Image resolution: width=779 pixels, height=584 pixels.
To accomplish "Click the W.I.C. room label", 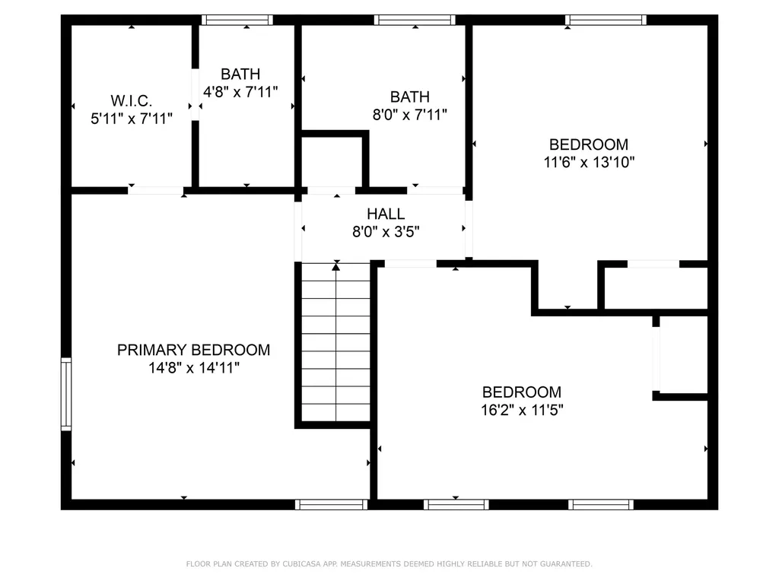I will [132, 100].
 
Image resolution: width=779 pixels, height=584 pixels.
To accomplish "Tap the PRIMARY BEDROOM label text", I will [193, 350].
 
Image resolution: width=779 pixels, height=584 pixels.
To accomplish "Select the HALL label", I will [386, 214].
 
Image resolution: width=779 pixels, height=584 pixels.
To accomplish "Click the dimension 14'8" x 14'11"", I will [193, 368].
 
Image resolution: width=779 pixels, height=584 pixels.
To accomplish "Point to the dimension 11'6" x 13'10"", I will [589, 162].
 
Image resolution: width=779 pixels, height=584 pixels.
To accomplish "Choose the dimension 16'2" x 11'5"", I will [522, 410].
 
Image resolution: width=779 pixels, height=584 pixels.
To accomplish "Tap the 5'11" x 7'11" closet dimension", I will [132, 119].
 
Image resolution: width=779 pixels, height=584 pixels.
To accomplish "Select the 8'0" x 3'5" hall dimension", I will [386, 231].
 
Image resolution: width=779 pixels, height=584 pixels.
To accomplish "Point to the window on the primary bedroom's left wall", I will [66, 395].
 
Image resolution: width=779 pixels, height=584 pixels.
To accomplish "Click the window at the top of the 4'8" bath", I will [237, 21].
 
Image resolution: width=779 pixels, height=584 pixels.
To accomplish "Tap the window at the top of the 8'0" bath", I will [415, 21].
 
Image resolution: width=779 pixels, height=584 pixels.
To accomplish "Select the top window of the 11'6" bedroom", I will [606, 21].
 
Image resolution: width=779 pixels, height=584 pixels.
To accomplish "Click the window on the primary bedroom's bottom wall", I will [331, 504].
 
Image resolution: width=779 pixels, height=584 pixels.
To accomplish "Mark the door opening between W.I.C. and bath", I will [195, 94].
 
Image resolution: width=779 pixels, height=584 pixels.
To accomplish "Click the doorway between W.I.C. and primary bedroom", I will [155, 190].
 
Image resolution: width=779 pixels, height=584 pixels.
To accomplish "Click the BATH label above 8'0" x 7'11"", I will [410, 97].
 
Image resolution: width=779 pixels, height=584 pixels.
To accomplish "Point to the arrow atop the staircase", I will [335, 267].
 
